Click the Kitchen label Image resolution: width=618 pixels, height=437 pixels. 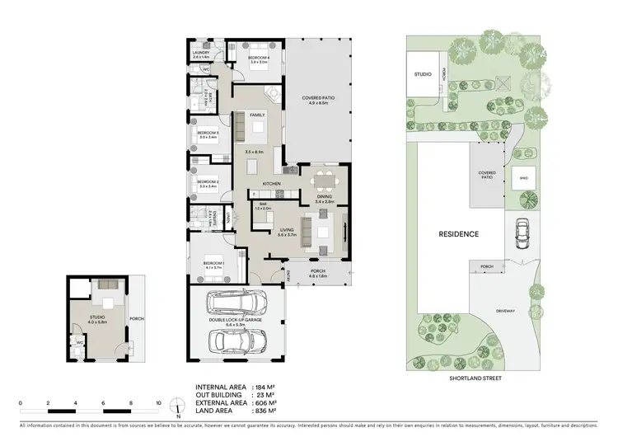[x=272, y=183]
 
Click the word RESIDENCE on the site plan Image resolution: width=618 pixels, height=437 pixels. [x=458, y=234]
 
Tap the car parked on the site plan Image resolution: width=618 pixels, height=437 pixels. [x=522, y=233]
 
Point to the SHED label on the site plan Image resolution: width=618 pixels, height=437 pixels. [x=522, y=177]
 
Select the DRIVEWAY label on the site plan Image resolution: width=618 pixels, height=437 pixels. [x=506, y=311]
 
